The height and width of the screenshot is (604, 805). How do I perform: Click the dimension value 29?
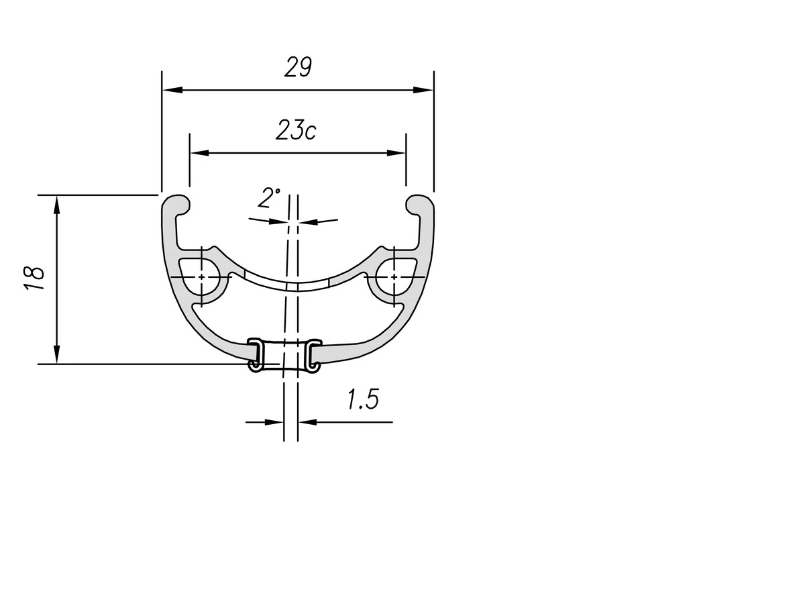pos(298,66)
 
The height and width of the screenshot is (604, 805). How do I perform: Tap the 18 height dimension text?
pos(34,279)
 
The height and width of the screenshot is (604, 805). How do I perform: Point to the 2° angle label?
pos(269,198)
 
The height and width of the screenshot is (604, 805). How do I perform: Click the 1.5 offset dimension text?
pos(363,399)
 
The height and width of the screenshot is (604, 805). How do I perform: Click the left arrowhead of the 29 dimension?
pos(172,90)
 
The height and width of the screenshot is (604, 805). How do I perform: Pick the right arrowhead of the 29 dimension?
pos(423,90)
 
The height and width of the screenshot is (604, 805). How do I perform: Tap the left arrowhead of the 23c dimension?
pos(200,152)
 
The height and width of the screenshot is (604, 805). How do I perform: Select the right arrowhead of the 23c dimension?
pos(396,152)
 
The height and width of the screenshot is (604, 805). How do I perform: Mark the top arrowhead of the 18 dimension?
pos(56,205)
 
